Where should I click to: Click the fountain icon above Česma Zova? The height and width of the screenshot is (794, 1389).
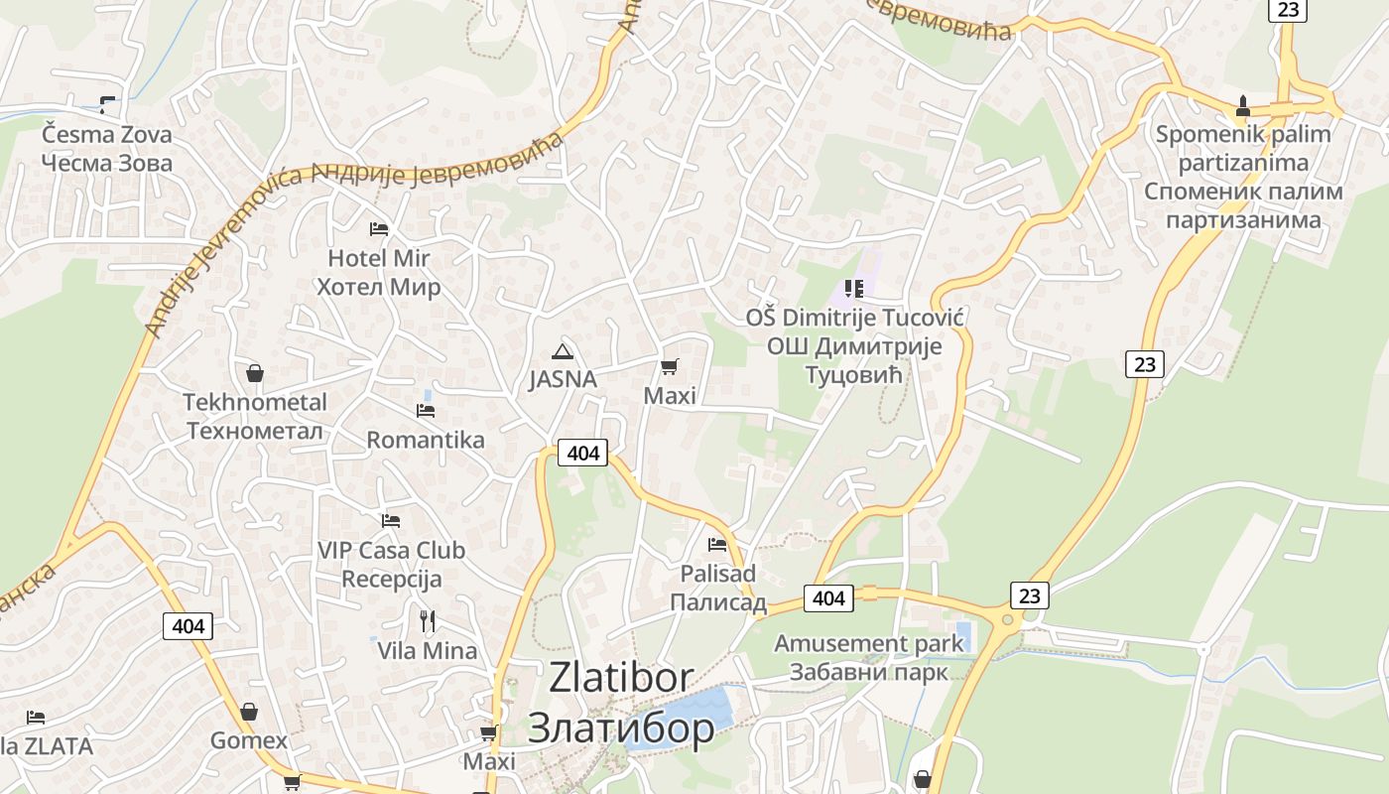tap(107, 104)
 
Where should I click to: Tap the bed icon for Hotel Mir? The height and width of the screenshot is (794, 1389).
tap(379, 229)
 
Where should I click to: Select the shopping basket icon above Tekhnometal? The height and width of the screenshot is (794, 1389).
tap(255, 373)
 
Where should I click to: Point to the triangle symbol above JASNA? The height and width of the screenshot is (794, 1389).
tap(563, 350)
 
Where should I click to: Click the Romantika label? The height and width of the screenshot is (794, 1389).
tap(426, 440)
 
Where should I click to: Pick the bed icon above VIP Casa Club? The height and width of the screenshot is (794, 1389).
tap(391, 520)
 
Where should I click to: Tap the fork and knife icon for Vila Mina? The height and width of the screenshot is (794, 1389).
tap(428, 621)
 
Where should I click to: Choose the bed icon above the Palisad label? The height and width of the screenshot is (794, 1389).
tap(717, 544)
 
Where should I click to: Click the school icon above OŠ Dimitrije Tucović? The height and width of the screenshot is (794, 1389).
tap(853, 289)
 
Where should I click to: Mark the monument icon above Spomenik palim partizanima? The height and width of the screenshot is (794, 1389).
tap(1243, 105)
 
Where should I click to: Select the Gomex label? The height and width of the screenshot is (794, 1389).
tap(249, 740)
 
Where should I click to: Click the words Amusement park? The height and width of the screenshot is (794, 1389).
tap(868, 643)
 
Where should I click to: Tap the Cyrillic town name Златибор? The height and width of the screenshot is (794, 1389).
tap(620, 728)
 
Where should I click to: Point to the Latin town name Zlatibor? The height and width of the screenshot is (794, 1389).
tap(620, 678)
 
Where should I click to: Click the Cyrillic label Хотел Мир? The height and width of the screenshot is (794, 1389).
tap(378, 288)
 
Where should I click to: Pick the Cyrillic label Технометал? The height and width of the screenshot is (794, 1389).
tap(255, 431)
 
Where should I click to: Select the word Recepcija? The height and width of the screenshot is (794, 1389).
tap(391, 579)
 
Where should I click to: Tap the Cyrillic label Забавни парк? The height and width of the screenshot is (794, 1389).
tap(868, 672)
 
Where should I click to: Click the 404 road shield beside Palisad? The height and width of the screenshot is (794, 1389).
tap(828, 597)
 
